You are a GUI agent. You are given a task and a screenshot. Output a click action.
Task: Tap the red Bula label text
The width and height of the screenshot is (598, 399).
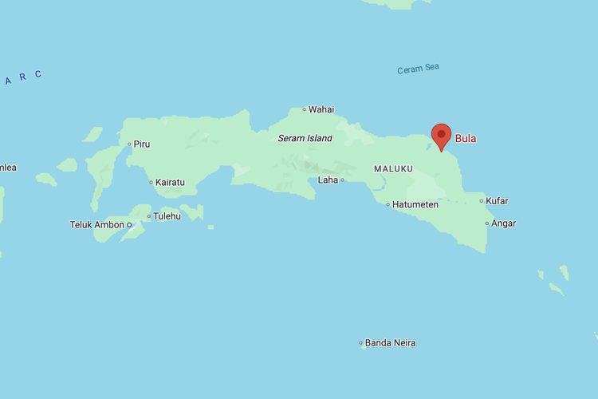[466, 139]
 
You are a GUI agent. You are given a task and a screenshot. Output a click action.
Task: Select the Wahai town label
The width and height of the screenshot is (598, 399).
[321, 109]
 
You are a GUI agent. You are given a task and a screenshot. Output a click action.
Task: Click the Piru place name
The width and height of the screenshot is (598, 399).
[142, 144]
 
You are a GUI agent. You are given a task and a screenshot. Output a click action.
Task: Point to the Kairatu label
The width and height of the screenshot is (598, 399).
[170, 182]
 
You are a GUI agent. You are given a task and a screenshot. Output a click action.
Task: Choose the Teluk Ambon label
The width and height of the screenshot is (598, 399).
[96, 225]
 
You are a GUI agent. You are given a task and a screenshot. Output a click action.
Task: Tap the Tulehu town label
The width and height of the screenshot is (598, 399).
[167, 215]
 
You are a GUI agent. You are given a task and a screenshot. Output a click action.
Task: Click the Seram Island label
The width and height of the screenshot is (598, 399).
[305, 138]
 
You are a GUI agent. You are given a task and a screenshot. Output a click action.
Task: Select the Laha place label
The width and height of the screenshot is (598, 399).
[329, 180]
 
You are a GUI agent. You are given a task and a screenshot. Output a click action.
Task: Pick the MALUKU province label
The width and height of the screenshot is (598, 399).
[393, 169]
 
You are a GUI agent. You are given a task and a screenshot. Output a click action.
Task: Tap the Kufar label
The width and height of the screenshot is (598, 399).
[498, 201]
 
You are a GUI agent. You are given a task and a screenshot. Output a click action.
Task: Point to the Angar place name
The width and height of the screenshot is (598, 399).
[503, 223]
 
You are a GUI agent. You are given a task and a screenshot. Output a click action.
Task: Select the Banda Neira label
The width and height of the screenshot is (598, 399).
[390, 343]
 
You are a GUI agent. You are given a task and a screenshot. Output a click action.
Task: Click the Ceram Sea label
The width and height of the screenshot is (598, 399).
[419, 69]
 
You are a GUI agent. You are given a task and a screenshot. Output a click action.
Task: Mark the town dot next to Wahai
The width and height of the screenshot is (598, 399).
[304, 109]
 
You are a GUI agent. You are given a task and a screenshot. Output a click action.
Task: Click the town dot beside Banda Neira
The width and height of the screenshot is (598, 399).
[360, 343]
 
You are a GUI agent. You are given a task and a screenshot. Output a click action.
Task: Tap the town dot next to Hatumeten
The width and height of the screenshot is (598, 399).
[388, 205]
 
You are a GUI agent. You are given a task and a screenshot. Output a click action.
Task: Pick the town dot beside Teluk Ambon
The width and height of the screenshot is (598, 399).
[129, 225]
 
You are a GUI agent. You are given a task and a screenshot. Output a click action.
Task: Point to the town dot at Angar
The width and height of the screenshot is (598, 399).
[487, 223]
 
